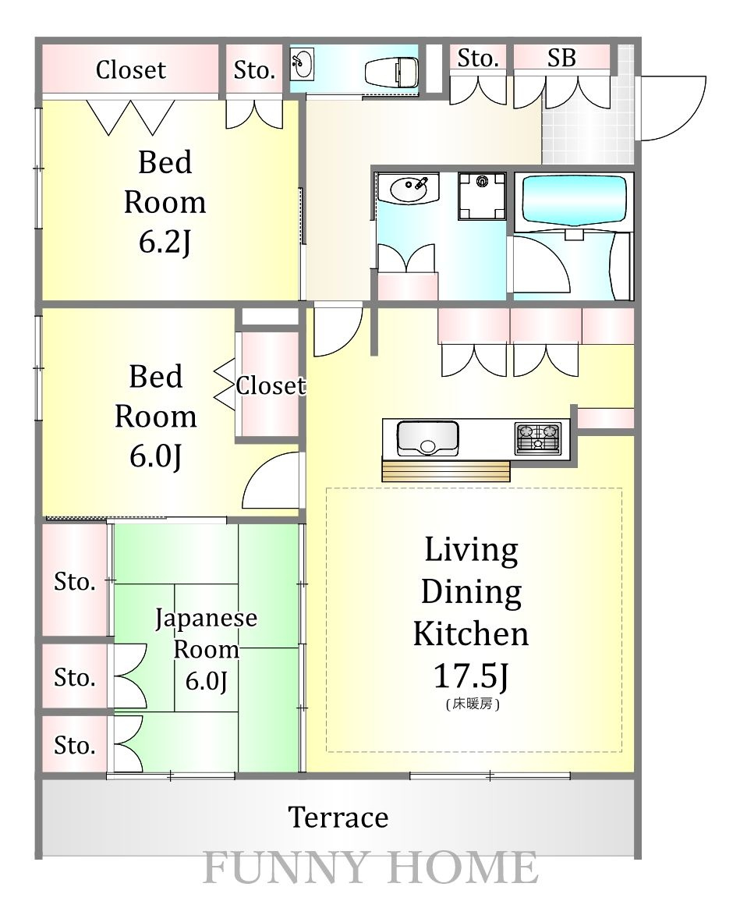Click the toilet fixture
392,73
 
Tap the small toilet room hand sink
303,64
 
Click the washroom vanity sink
409,188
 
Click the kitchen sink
428,438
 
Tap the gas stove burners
538,438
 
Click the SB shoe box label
561,58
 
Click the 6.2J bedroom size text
165,243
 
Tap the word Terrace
338,817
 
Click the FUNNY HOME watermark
370,867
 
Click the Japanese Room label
206,633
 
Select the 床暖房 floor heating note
473,704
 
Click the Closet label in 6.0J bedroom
271,385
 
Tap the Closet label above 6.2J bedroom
131,70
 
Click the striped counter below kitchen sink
446,470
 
